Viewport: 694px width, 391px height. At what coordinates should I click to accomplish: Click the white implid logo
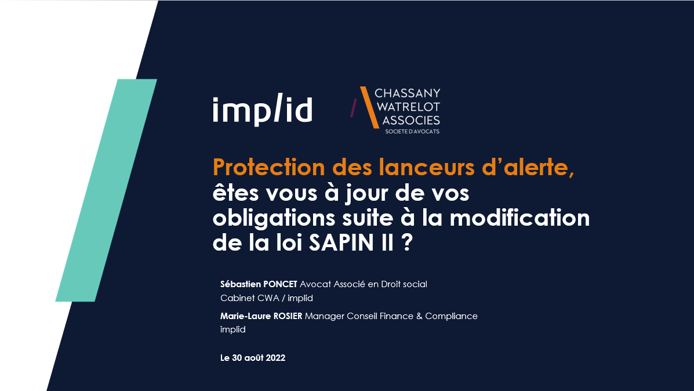click(x=262, y=110)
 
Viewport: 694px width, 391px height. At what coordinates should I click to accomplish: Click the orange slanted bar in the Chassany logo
click(x=369, y=107)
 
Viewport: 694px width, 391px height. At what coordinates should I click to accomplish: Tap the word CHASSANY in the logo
click(x=408, y=93)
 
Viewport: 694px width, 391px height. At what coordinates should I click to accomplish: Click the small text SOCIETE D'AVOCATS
click(x=412, y=132)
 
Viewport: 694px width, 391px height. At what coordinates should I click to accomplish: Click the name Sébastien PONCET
click(x=259, y=284)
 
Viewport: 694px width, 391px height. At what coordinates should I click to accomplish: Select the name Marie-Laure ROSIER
click(x=261, y=316)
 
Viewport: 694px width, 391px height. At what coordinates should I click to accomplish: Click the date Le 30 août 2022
click(x=253, y=358)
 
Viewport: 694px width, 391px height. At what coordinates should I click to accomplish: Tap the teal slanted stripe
click(x=107, y=190)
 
